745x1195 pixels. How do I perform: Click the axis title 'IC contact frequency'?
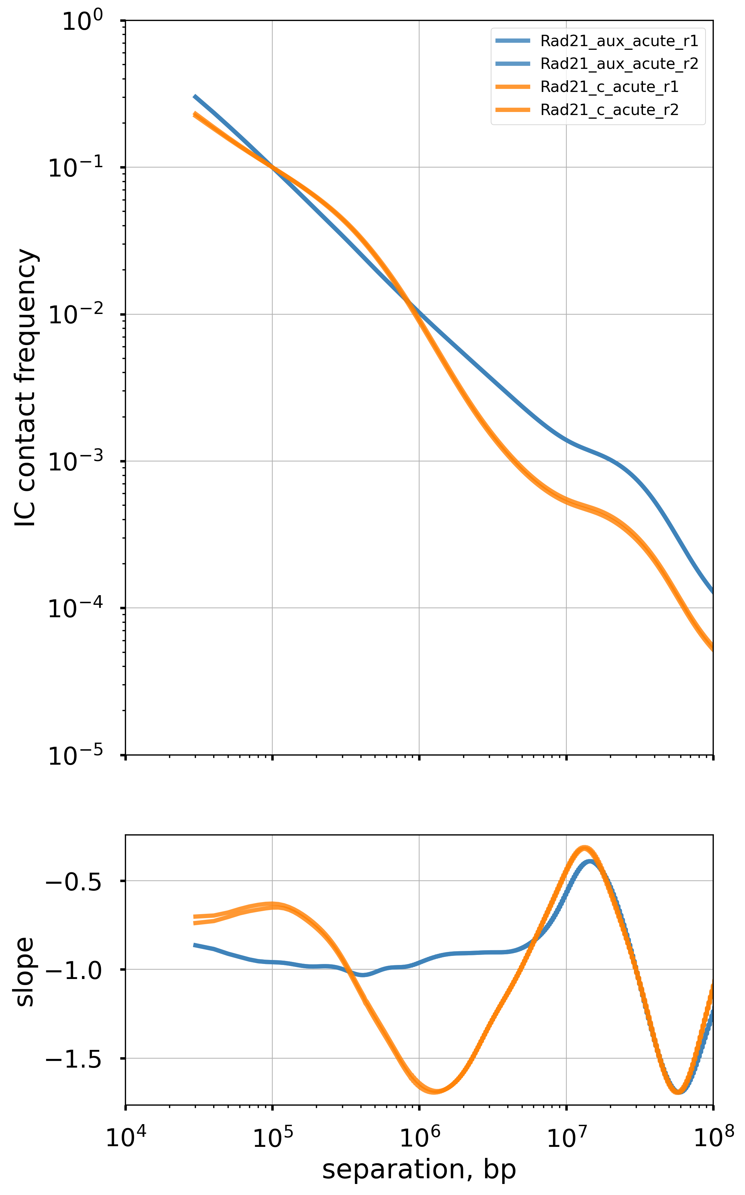coord(26,388)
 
